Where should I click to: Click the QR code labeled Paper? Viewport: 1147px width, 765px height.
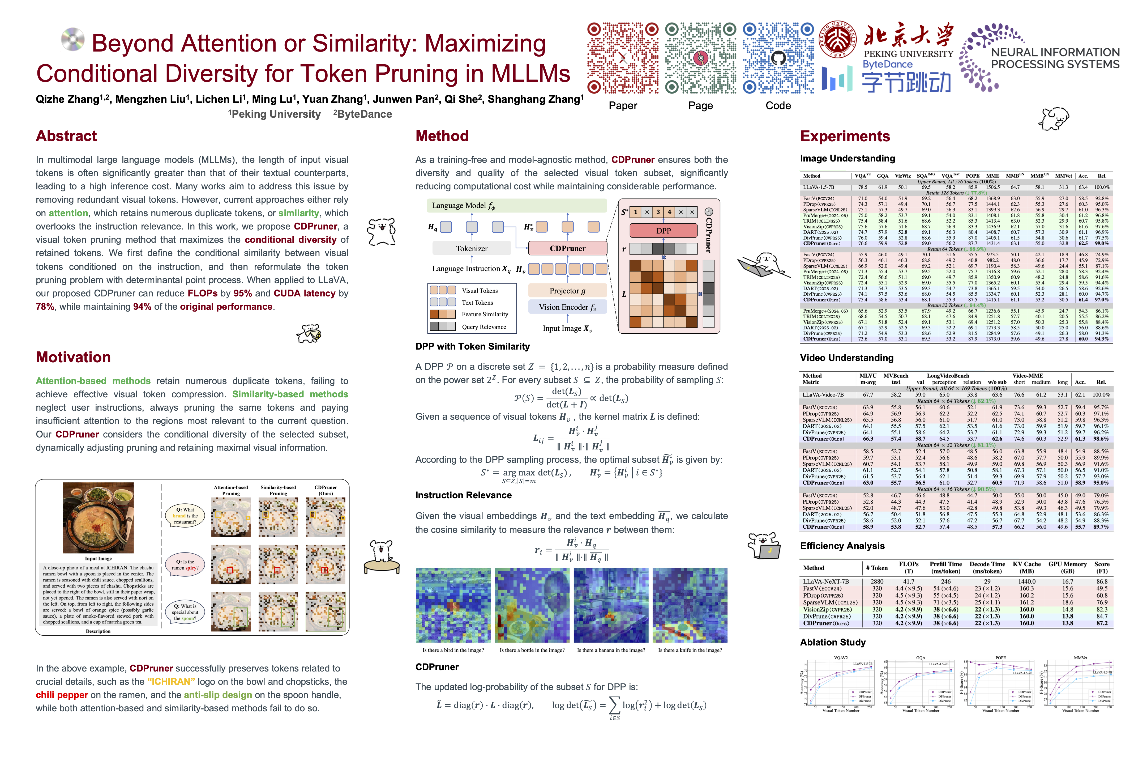(x=623, y=58)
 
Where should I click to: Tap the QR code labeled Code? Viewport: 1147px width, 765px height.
(x=778, y=58)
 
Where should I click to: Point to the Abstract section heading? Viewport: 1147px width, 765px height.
(x=66, y=136)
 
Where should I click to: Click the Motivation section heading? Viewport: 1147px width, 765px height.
(x=73, y=357)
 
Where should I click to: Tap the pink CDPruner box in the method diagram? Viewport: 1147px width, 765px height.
(x=568, y=248)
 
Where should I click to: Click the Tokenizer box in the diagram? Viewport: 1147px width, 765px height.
(x=472, y=248)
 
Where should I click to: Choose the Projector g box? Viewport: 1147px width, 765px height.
(x=567, y=291)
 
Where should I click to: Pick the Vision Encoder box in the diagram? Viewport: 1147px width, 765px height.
(x=567, y=307)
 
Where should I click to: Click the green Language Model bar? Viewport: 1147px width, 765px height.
(x=517, y=205)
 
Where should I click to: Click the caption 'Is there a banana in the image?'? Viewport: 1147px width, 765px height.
(x=611, y=650)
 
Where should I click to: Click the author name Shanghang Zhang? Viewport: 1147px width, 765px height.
(x=535, y=100)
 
